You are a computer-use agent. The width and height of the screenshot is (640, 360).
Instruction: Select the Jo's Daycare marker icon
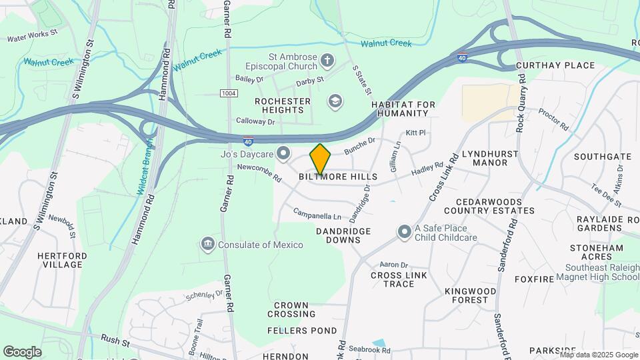[x=283, y=155]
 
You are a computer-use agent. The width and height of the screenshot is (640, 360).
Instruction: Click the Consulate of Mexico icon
[x=208, y=245]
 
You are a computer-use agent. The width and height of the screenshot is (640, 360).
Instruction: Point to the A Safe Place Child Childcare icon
[x=404, y=232]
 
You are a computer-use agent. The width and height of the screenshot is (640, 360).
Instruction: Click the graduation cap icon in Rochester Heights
[x=334, y=101]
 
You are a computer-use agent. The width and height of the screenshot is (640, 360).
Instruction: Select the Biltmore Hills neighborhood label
[x=338, y=177]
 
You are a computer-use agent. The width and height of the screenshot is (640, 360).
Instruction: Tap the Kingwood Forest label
[x=471, y=296]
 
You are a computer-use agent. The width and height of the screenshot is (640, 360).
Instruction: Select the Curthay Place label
[x=555, y=65]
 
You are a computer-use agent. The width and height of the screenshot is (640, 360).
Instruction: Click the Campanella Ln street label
[x=317, y=214]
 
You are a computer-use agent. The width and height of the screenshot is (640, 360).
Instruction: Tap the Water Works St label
[x=33, y=35]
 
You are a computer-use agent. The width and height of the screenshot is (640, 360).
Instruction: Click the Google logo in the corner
[x=22, y=352]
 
